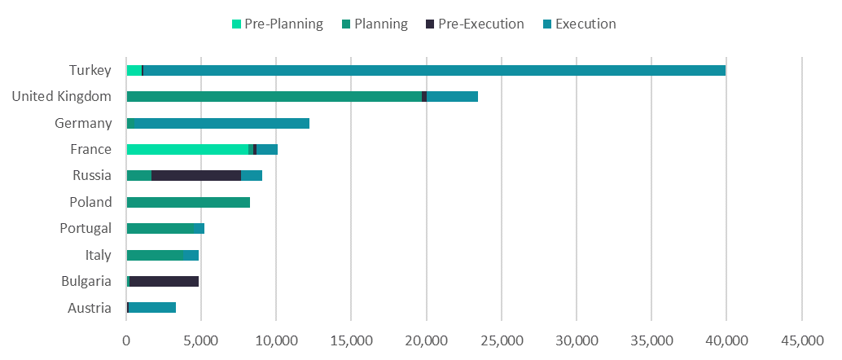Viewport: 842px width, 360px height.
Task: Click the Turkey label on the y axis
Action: coord(90,70)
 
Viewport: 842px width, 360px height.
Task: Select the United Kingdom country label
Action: coord(61,97)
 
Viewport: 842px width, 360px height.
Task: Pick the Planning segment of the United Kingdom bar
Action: coord(274,97)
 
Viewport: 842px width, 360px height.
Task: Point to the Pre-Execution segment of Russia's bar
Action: coord(196,175)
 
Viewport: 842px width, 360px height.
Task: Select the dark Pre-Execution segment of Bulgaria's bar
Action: coord(164,281)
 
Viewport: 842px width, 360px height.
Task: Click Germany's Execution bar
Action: coord(218,123)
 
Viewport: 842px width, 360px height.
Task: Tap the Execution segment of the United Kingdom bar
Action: coord(452,97)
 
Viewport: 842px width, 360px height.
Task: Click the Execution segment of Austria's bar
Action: coord(152,307)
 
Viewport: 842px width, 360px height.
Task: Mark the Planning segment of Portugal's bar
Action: coord(163,228)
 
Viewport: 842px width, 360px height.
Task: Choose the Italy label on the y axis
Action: coord(98,255)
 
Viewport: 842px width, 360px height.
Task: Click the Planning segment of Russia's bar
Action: coord(139,175)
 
